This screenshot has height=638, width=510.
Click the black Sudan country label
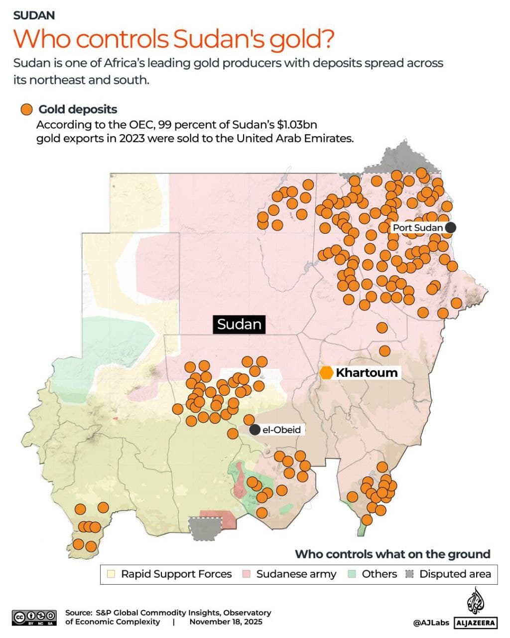coord(239,324)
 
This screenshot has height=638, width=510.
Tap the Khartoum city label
coord(367,373)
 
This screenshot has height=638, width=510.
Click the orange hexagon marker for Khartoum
coord(326,373)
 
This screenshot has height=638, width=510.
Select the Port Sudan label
coord(417,228)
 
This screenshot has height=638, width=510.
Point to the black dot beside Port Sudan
coord(450,228)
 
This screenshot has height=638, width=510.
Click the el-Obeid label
coord(281,430)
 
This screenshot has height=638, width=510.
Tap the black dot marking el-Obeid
coord(255,430)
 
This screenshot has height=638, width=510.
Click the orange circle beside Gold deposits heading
coord(26,110)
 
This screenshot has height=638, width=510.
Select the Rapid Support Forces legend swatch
coord(112,574)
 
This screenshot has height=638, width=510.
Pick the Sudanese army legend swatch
coord(246,574)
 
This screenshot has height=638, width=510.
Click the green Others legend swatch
coord(352,574)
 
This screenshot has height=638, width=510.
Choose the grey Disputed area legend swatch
coord(410,574)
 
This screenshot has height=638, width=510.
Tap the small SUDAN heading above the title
coord(34,15)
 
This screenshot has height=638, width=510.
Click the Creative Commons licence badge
coord(34,617)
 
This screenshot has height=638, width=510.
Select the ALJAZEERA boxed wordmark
coord(476,623)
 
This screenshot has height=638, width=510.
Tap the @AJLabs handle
coord(431,623)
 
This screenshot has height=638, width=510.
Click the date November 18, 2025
coord(226,622)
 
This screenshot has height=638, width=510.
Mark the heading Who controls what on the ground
coord(392,554)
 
